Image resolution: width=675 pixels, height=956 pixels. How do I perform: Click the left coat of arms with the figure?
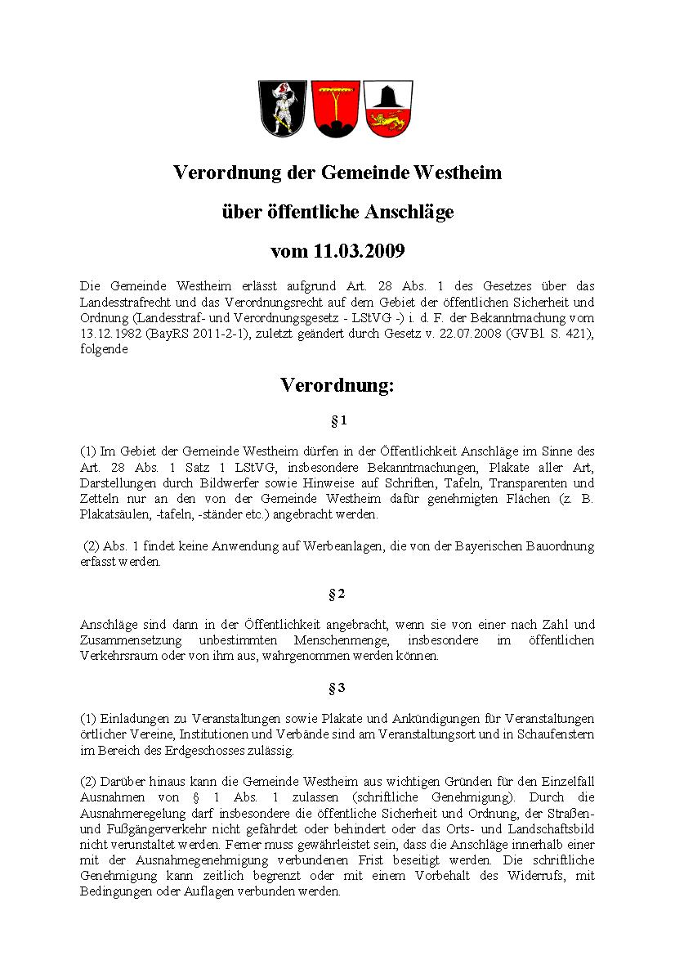283,108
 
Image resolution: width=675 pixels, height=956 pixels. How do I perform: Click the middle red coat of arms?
335,108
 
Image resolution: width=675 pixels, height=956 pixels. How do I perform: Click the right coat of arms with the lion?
387,108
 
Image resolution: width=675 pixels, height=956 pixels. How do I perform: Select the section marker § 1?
337,420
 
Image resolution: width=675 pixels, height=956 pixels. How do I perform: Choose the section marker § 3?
337,688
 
